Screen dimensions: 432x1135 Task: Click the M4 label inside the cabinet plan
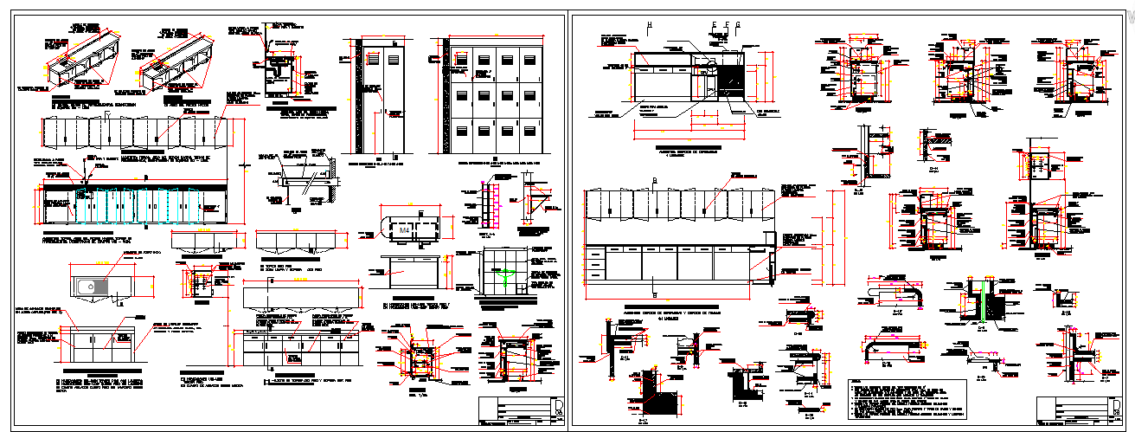[403, 231]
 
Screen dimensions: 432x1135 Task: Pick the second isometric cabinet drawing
[182, 65]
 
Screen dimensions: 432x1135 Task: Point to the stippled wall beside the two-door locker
[343, 95]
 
